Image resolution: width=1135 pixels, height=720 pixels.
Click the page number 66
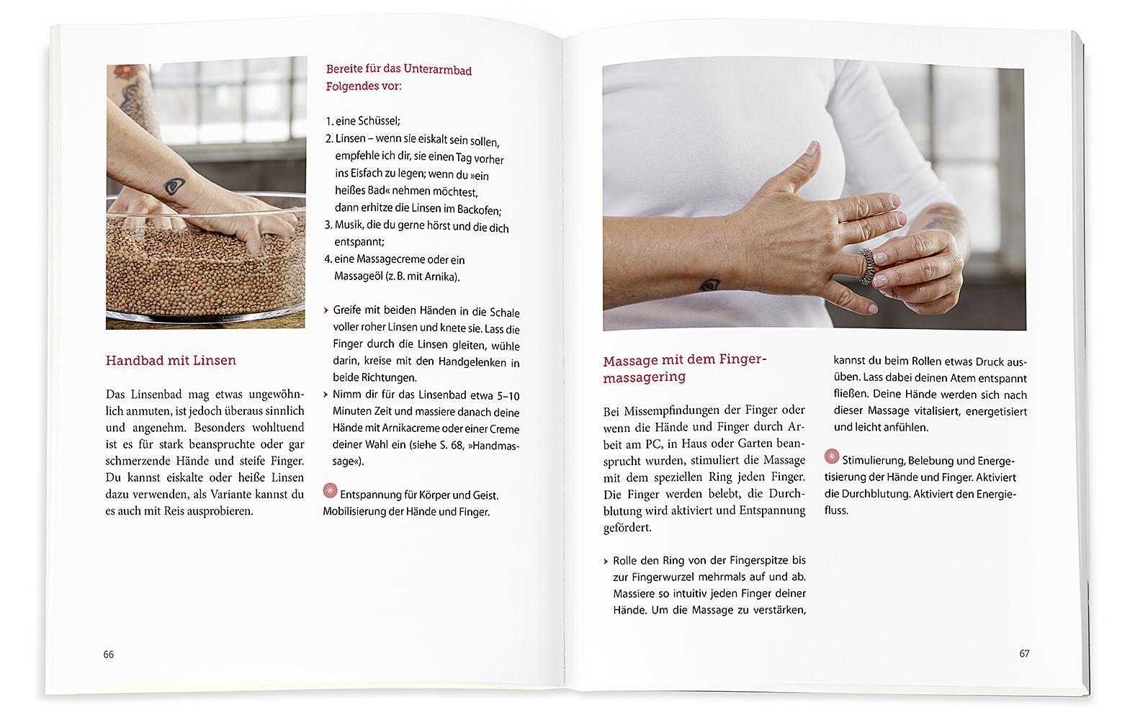pyautogui.click(x=109, y=654)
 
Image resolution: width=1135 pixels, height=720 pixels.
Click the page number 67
pyautogui.click(x=1024, y=654)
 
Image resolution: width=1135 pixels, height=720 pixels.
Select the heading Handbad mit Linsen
pyautogui.click(x=171, y=360)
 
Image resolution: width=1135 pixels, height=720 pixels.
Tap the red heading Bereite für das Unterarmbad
pyautogui.click(x=398, y=70)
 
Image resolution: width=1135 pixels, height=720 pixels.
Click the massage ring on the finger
pyautogui.click(x=867, y=266)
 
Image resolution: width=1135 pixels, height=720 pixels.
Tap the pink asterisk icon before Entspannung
pyautogui.click(x=331, y=491)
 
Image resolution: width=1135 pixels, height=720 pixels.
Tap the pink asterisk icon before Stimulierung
pyautogui.click(x=832, y=456)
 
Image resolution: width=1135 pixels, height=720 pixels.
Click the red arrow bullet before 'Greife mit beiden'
pyautogui.click(x=326, y=310)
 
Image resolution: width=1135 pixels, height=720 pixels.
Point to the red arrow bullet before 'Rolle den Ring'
pyautogui.click(x=606, y=560)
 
